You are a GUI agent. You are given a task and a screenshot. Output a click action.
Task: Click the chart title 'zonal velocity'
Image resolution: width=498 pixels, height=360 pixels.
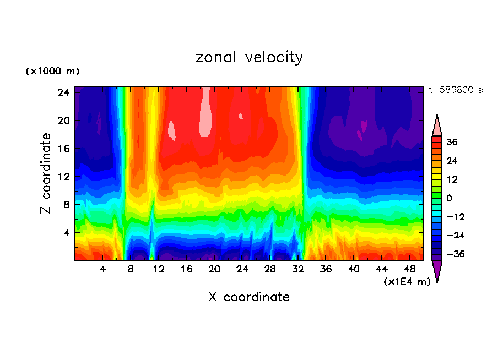249,57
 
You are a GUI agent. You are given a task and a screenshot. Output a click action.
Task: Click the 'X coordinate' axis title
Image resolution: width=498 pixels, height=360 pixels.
249,297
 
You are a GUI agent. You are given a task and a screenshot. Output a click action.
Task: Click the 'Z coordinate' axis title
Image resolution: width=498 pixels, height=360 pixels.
46,173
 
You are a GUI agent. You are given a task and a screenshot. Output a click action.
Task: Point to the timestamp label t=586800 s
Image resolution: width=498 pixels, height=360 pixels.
455,90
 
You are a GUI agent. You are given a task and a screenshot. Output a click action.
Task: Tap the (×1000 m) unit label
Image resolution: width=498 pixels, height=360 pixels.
52,72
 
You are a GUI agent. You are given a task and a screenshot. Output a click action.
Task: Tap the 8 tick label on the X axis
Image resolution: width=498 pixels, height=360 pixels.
131,269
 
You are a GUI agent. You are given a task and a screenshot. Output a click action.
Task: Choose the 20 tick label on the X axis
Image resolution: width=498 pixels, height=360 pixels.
214,269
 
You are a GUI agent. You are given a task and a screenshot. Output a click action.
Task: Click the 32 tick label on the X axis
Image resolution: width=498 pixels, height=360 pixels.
298,269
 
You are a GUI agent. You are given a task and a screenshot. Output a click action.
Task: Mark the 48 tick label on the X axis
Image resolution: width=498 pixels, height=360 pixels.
409,269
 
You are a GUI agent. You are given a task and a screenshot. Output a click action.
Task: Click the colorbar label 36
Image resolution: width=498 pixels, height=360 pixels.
452,142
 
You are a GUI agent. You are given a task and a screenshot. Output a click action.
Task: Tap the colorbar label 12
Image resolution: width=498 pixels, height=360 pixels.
452,179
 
